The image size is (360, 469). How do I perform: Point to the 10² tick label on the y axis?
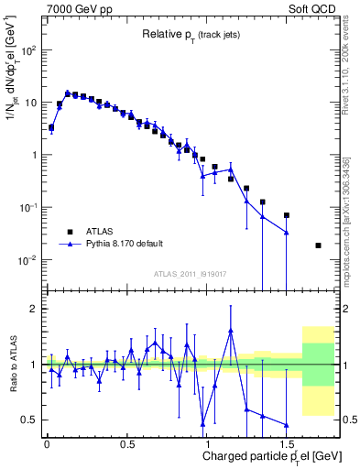tap(29, 50)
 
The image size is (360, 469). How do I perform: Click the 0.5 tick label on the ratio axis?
tap(30, 420)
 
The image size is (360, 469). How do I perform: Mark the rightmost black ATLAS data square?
tap(318, 245)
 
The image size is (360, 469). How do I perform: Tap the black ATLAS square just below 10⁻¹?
tap(287, 215)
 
